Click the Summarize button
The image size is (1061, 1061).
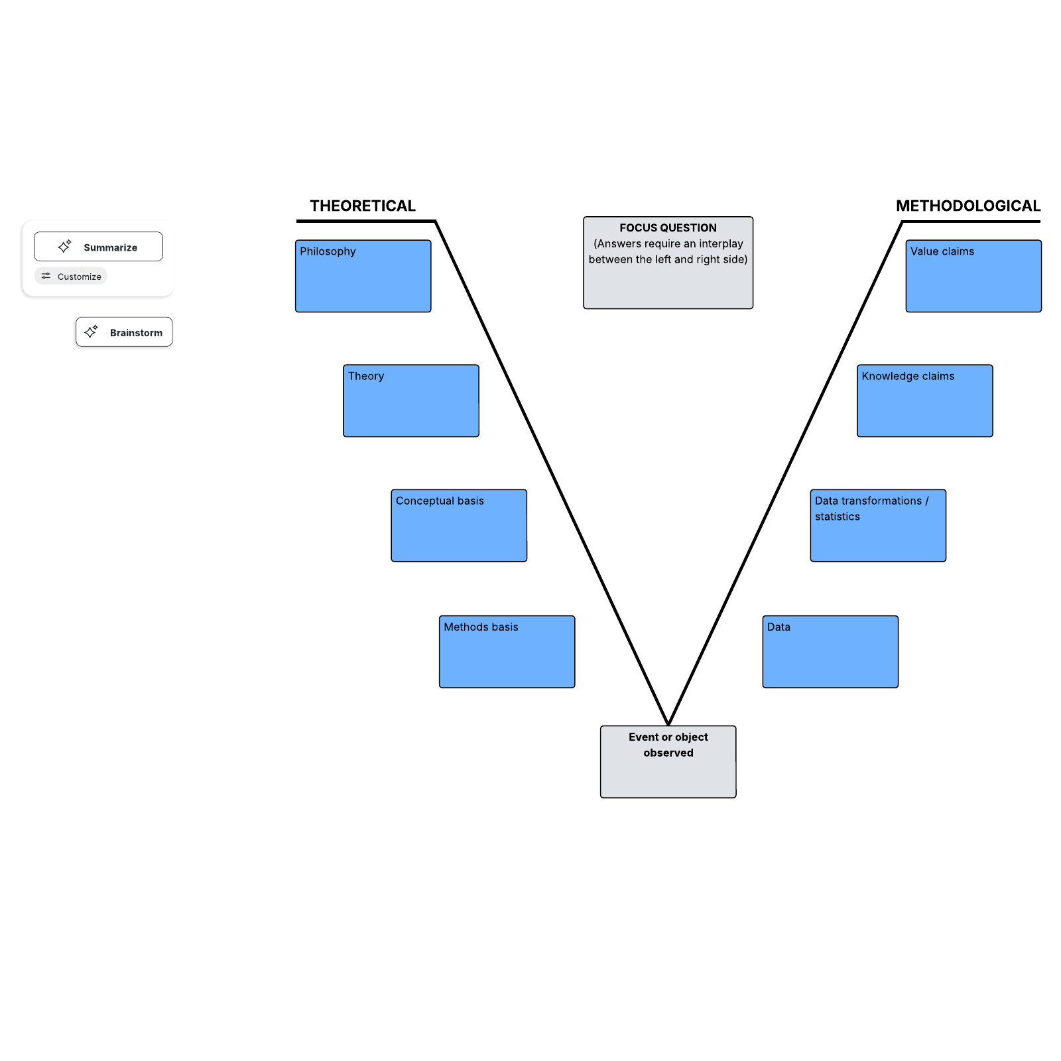click(x=98, y=247)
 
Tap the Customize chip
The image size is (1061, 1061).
click(x=71, y=277)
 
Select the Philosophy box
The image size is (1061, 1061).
click(x=363, y=276)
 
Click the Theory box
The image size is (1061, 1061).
click(x=411, y=401)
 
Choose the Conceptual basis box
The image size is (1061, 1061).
click(x=459, y=526)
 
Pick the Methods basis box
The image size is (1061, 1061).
click(x=507, y=652)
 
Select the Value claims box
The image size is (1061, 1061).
click(x=973, y=276)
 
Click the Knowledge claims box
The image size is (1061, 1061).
click(x=924, y=401)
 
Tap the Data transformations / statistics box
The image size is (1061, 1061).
click(x=878, y=526)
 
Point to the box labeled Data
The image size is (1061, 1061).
click(x=830, y=652)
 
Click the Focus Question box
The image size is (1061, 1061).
click(x=668, y=263)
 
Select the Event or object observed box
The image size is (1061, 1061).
click(x=668, y=761)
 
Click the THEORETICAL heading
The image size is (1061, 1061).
click(x=363, y=206)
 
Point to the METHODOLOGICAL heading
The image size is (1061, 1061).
click(x=967, y=206)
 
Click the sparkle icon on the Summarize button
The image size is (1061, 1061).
click(x=64, y=247)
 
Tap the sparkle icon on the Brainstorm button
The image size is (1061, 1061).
click(x=92, y=332)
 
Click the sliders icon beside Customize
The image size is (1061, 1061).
click(x=46, y=276)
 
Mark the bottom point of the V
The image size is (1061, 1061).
click(x=668, y=723)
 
